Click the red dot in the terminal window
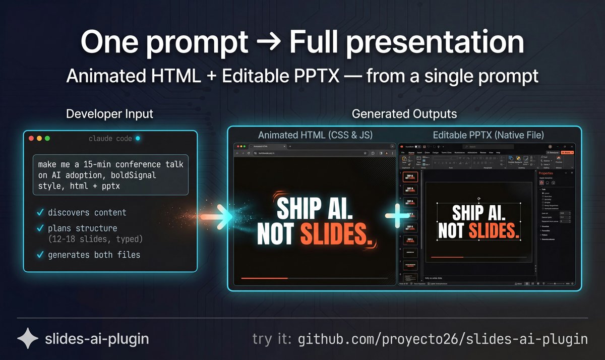pyautogui.click(x=31, y=138)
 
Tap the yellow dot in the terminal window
pyautogui.click(x=39, y=138)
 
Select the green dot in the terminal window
pyautogui.click(x=47, y=138)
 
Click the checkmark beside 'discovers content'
pyautogui.click(x=40, y=212)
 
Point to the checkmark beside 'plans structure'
pyautogui.click(x=40, y=228)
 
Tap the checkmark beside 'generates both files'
pyautogui.click(x=40, y=255)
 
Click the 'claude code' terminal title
pyautogui.click(x=110, y=139)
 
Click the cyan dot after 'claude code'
pyautogui.click(x=138, y=138)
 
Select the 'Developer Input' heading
pyautogui.click(x=109, y=114)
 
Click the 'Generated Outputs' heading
pyautogui.click(x=404, y=114)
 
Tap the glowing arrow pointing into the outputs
pyautogui.click(x=222, y=216)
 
